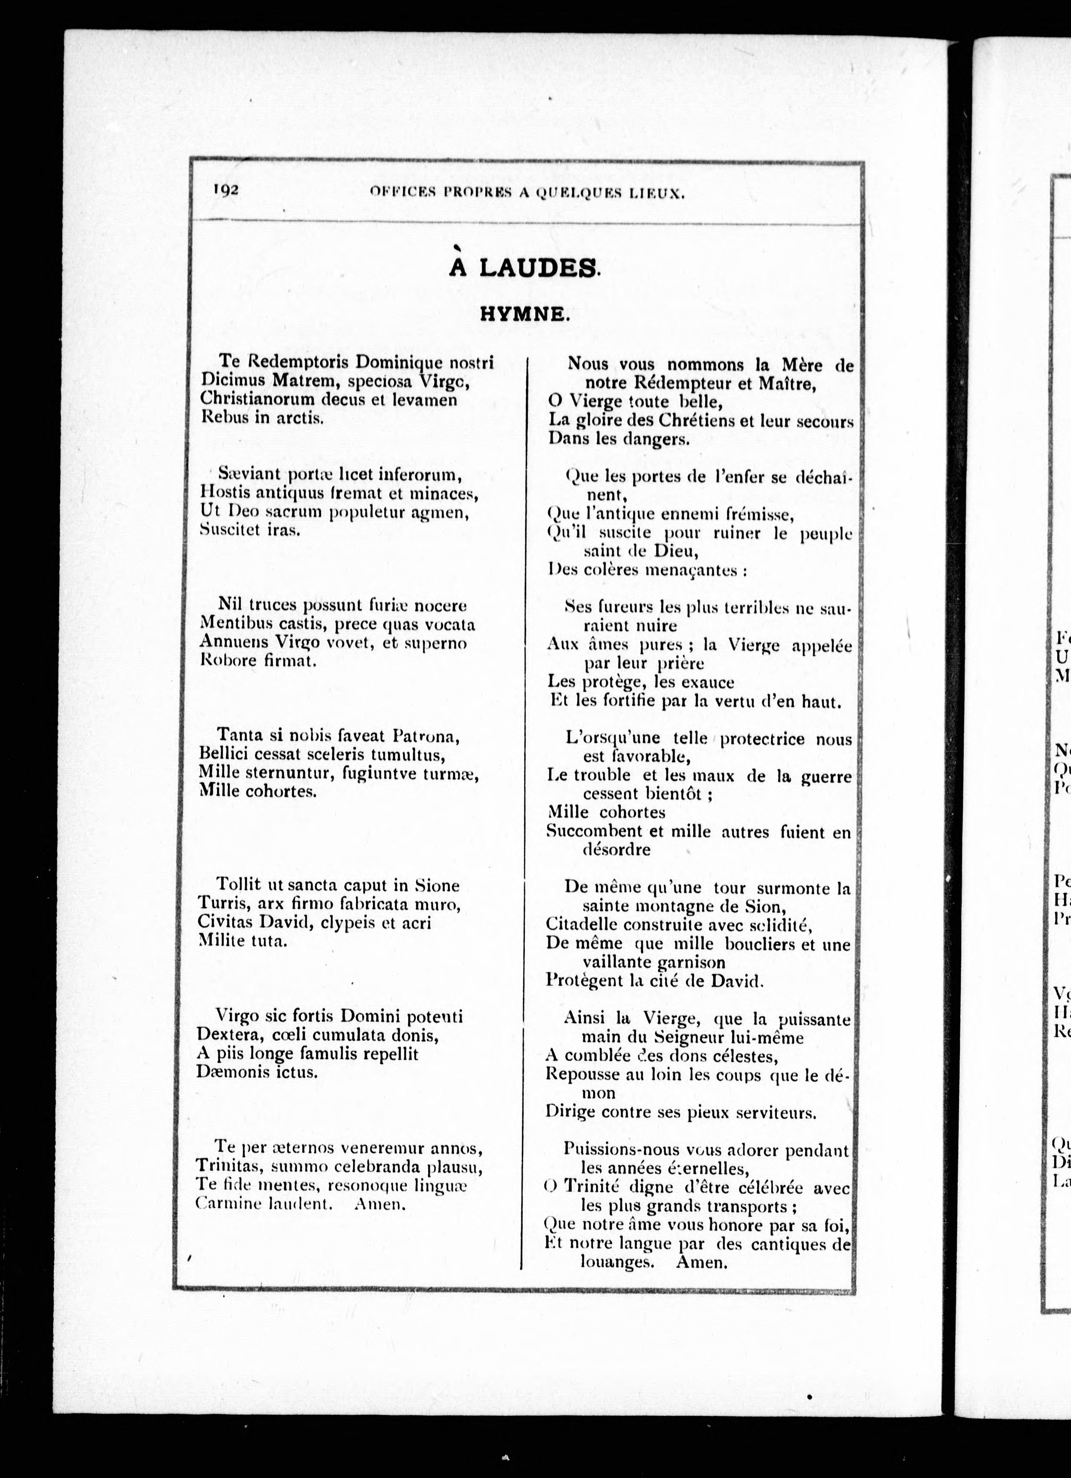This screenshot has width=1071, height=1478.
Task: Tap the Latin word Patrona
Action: pos(427,736)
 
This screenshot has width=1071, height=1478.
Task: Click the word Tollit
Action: pos(239,885)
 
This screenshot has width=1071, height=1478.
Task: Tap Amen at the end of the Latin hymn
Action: pos(380,1204)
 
